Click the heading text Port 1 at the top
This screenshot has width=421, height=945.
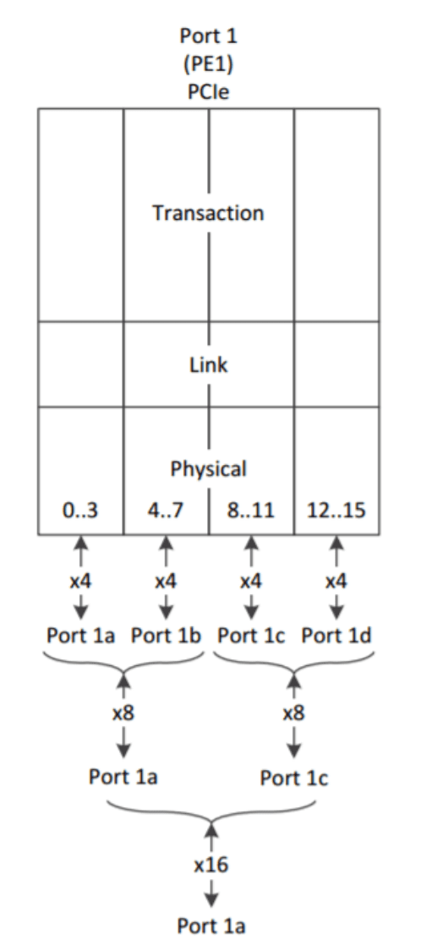(209, 36)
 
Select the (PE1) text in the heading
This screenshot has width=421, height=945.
(209, 64)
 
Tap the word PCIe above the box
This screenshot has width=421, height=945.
(209, 92)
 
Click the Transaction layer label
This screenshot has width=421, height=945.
(208, 213)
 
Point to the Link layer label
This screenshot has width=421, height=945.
(209, 364)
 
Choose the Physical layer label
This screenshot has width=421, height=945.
(209, 468)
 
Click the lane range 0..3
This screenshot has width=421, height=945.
(80, 511)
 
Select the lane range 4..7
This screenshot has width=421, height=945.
(166, 511)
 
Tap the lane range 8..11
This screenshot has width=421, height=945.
(252, 511)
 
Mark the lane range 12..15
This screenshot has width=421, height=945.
(336, 511)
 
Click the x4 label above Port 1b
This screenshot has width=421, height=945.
(166, 582)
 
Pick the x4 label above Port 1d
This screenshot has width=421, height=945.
(336, 582)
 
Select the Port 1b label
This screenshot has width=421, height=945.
(167, 636)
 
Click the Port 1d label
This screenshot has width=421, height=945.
(336, 636)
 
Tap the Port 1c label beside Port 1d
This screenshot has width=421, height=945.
(252, 636)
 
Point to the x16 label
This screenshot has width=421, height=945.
(211, 866)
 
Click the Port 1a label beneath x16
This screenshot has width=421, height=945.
(211, 925)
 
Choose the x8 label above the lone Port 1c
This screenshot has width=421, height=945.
(293, 713)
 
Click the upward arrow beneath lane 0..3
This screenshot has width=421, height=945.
(80, 551)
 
